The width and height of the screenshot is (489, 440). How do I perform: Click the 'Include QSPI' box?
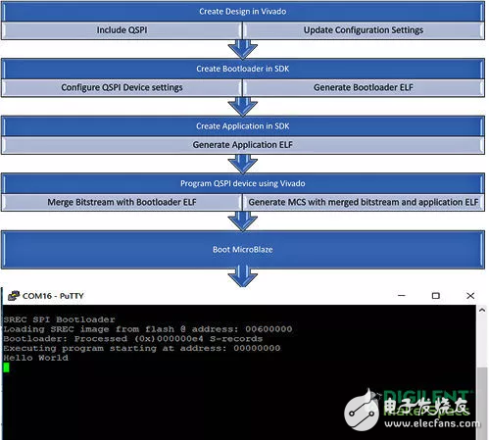point(122,30)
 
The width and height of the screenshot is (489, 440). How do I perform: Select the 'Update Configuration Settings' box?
point(363,30)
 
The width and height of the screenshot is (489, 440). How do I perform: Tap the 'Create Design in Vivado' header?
point(244,11)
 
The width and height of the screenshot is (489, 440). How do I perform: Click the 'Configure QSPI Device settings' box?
point(122,87)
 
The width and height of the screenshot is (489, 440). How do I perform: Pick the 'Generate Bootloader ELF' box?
point(363,87)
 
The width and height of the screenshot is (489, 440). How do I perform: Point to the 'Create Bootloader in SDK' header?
point(244,69)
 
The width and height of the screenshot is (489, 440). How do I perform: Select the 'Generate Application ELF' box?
point(244,144)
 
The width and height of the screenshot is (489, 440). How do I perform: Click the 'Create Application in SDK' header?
point(244,125)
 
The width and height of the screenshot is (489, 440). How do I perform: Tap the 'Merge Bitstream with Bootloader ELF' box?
point(122,201)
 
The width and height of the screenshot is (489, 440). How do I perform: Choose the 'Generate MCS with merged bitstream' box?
point(363,201)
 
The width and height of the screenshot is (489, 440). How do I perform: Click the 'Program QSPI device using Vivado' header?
point(244,182)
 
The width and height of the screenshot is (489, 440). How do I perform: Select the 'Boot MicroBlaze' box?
point(244,249)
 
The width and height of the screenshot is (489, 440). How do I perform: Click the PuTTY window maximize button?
point(435,295)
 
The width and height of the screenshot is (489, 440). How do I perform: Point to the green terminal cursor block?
point(6,367)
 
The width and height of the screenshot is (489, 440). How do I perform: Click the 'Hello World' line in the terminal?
point(35,358)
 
